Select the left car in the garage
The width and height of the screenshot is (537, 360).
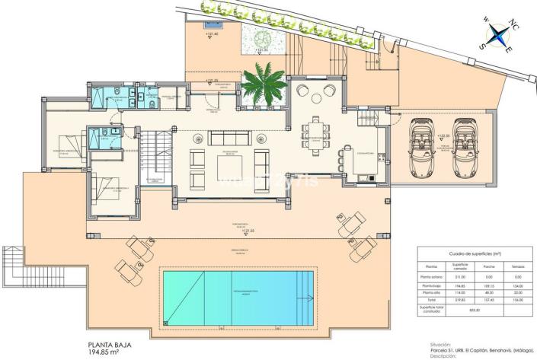coord(420,136)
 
